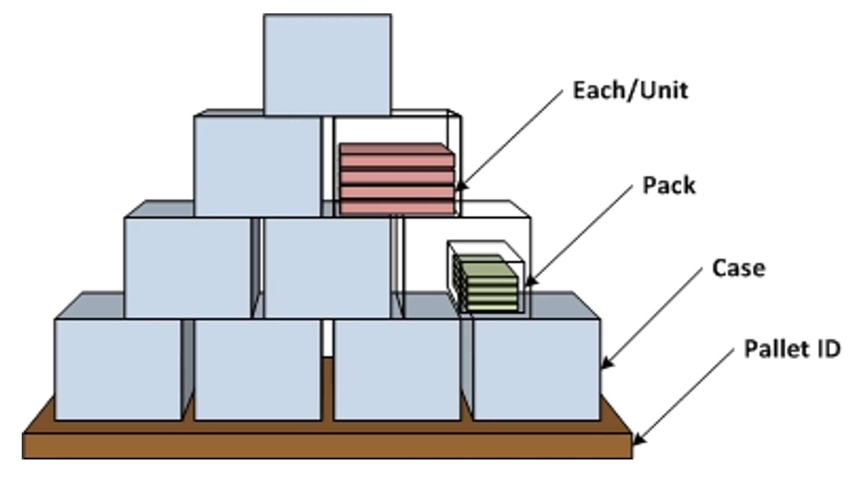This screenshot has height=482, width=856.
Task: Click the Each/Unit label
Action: coord(630,91)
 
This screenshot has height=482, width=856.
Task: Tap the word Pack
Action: coord(669,186)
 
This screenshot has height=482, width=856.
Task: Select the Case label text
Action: coord(738,268)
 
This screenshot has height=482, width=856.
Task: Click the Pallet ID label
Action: coord(792,349)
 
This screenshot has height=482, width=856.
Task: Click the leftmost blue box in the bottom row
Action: coord(118,370)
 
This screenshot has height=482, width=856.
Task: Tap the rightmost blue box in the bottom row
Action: coord(536,370)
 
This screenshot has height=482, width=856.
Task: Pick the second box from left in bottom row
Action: coord(257,370)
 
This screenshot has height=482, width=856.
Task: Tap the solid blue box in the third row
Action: coord(257,167)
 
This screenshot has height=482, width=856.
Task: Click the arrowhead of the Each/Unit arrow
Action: coord(461,186)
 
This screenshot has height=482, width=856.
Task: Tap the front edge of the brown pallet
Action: coord(327,446)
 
